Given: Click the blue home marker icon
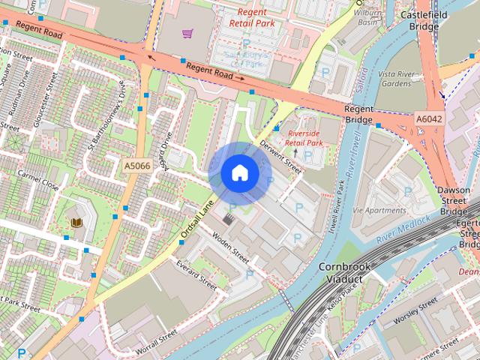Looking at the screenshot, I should pos(239,173).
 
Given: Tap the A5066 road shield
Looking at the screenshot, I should pos(137,163).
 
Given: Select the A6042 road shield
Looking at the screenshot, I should pos(428,118).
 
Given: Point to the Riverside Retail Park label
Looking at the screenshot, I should pos(304,137).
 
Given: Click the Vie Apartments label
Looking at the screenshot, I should pos(378,211).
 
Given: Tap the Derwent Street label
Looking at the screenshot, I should pos(280,156).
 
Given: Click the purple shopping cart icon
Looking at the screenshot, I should pos(187,33).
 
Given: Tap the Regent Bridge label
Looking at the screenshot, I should pos(358,115).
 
